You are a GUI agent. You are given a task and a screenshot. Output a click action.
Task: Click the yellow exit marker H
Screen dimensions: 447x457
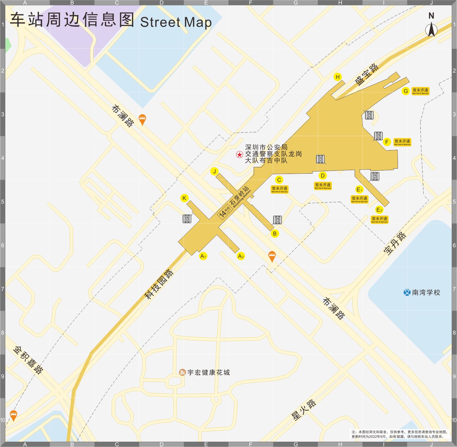[x=337, y=77]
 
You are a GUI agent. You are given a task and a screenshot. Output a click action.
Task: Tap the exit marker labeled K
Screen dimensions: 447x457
[x=184, y=198]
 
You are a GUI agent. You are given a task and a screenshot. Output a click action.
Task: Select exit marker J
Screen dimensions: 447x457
[x=214, y=171]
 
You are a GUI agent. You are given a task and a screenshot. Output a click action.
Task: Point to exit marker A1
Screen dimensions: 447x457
[x=203, y=256]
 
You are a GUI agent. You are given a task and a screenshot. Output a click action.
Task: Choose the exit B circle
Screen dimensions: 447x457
[x=275, y=233]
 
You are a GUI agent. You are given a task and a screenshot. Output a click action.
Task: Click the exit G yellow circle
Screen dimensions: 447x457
[x=405, y=91]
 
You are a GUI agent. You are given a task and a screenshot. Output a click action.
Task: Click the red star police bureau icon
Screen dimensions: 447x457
[x=239, y=154]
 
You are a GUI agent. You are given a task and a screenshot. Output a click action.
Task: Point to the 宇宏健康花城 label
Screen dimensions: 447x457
[x=208, y=372]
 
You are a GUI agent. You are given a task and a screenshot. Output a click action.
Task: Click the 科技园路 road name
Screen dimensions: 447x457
[x=159, y=284]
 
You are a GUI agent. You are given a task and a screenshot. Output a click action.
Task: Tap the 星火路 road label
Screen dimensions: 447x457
[x=303, y=410]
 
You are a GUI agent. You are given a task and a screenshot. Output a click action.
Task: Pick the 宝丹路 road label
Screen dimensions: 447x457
[x=395, y=243]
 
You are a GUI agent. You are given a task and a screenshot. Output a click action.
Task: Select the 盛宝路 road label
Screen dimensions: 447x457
[x=367, y=74]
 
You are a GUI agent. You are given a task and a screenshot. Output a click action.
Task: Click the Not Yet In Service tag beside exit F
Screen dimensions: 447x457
[x=402, y=142]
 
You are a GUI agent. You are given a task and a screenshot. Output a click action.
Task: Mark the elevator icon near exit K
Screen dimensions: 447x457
[x=187, y=219]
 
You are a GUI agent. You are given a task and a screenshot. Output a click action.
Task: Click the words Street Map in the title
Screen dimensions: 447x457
[x=176, y=22]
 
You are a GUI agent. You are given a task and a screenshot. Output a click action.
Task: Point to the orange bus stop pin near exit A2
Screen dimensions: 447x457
[x=272, y=256]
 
